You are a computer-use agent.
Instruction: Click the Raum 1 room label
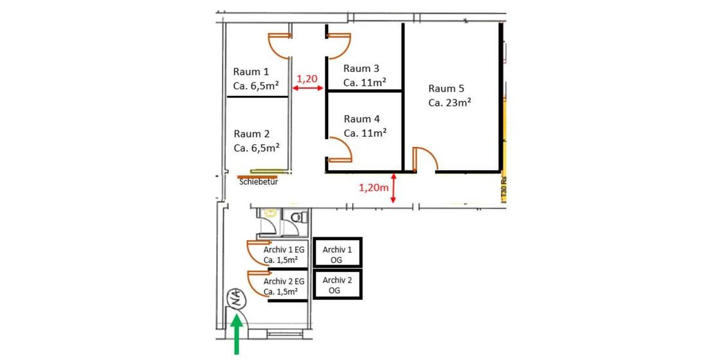[x=248, y=71]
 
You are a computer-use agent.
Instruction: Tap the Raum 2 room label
[x=248, y=134]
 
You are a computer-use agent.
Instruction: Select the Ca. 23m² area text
[x=449, y=103]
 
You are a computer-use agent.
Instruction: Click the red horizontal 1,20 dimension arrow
[x=308, y=89]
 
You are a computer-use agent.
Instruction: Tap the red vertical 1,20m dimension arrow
[x=393, y=188]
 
